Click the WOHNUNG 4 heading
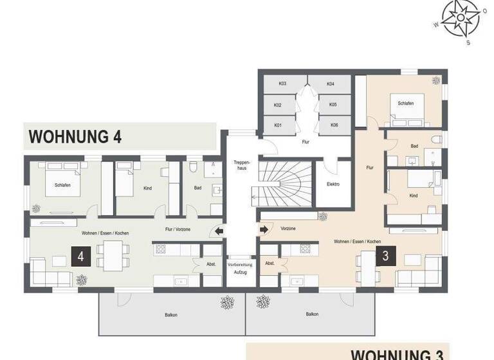(75, 137)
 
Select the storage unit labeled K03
(282, 84)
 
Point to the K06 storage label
(334, 125)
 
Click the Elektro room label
(333, 184)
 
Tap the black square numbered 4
(80, 256)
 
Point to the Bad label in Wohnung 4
(197, 188)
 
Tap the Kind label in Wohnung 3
(414, 195)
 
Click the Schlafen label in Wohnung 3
(405, 103)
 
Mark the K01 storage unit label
(278, 125)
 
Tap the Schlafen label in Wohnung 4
(62, 185)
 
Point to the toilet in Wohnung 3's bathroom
(437, 138)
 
